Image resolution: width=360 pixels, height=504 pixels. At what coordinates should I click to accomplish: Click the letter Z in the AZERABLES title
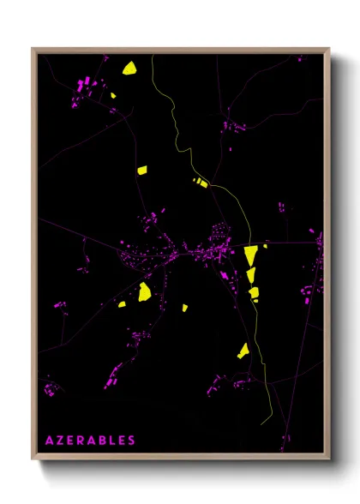[60, 441]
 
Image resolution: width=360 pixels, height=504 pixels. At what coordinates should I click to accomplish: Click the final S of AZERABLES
[131, 441]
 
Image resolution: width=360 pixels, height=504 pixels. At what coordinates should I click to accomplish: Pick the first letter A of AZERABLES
[50, 441]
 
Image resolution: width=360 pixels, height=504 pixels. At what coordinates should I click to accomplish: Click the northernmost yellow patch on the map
[130, 68]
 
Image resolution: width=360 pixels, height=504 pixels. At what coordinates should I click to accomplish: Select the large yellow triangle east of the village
[249, 255]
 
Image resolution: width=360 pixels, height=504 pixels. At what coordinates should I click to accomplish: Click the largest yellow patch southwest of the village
[145, 291]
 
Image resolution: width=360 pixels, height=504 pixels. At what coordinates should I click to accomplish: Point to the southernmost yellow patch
[243, 350]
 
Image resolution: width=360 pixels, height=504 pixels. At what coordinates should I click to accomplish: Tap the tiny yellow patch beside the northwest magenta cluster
[112, 96]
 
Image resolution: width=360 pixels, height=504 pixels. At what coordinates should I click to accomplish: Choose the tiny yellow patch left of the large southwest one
[122, 303]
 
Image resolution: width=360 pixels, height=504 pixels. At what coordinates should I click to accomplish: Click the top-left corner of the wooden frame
[33, 49]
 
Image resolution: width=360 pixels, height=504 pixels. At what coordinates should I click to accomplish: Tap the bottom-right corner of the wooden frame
[330, 459]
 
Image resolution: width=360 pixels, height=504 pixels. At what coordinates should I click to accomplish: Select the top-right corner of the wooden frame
[330, 49]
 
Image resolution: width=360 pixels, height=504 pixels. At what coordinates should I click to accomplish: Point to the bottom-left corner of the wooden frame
[33, 459]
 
